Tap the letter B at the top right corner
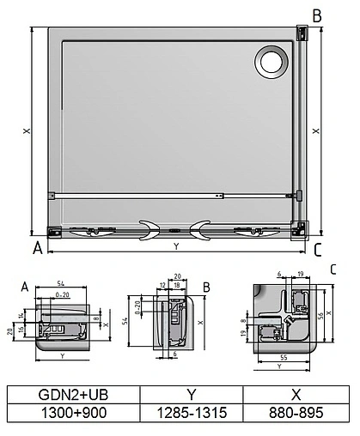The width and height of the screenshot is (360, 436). coord(317,15)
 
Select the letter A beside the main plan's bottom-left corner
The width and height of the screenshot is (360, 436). coord(37,250)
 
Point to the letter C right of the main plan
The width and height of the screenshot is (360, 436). coord(318,250)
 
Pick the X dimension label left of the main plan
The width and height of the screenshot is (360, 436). coord(27,131)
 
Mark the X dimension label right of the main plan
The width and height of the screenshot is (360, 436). coord(317,131)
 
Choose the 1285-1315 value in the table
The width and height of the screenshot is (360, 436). coord(192,414)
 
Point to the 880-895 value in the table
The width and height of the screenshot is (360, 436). coord(295,414)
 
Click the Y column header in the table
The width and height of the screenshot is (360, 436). coord(192,395)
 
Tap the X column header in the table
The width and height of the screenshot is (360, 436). coord(295,395)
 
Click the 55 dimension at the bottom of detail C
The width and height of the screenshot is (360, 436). coord(284,355)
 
